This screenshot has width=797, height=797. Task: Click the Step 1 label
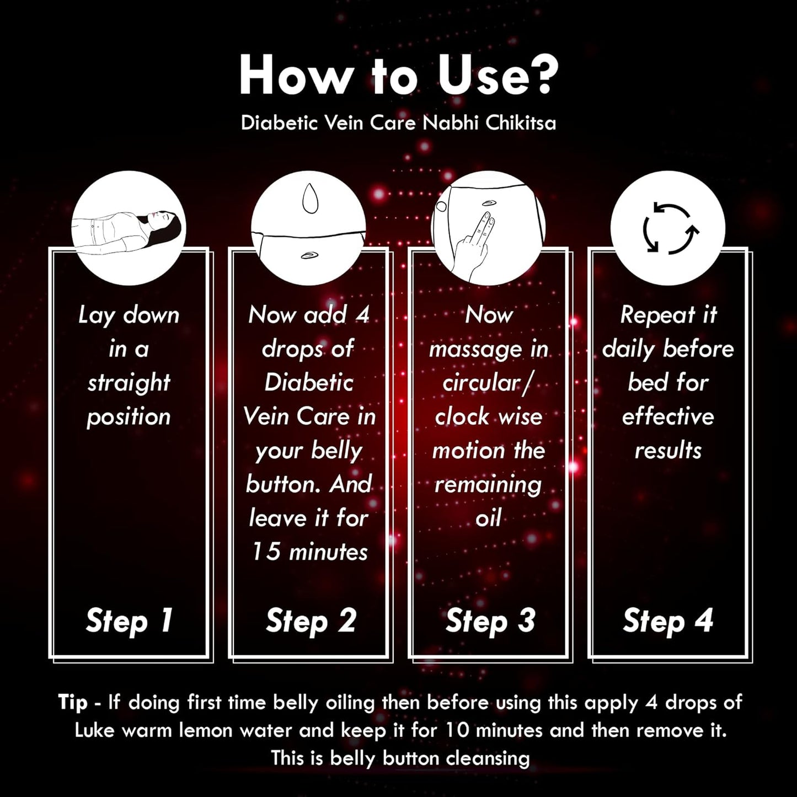[x=130, y=621]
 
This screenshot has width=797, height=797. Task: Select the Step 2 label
[x=311, y=621]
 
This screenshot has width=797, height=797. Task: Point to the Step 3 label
[x=490, y=621]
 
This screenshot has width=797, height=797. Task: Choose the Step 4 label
[x=668, y=621]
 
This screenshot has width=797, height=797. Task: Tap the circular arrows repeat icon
[x=668, y=228]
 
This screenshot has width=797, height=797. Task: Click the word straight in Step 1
[x=129, y=383]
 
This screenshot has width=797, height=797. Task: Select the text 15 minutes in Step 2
[x=310, y=552]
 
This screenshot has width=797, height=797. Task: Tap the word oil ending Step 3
[x=489, y=517]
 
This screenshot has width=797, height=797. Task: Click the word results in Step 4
[x=668, y=451]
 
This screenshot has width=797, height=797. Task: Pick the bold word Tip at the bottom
[x=73, y=702]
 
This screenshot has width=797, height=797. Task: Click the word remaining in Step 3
[x=488, y=485]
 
